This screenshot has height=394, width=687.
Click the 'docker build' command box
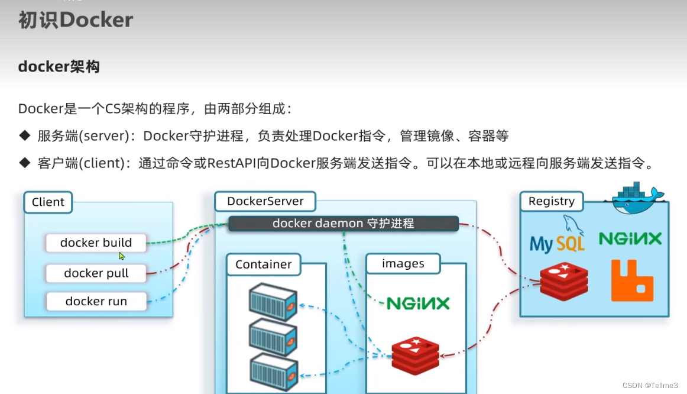pos(96,243)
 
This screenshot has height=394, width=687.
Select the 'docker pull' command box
pos(96,273)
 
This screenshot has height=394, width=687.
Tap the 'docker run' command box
pos(96,301)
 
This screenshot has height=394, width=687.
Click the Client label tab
pos(48,202)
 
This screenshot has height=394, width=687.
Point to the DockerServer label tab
pos(265,201)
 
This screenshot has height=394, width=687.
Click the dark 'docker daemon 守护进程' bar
pos(343,224)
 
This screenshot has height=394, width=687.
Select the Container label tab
pos(263,264)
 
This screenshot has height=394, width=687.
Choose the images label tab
pos(403,264)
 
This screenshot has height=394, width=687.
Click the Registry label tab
pos(551,201)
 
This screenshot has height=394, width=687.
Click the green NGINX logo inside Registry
pos(630,238)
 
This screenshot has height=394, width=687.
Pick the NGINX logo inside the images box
pos(417,303)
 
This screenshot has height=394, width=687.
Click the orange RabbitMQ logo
pos(632,280)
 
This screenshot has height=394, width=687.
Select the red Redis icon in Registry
pos(563,282)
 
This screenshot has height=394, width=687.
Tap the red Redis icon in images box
pos(416,355)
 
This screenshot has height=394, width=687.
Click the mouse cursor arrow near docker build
pos(122,256)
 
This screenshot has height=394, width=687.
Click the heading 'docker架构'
pos(59,66)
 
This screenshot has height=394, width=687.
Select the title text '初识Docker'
pos(75,20)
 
